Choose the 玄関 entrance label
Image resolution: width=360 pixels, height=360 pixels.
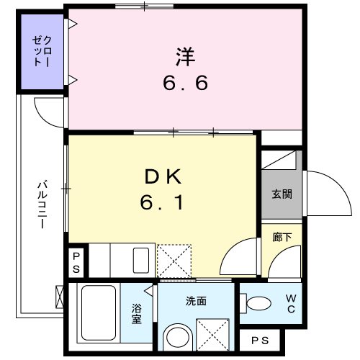click(x=282, y=194)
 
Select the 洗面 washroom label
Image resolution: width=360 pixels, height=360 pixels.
click(x=195, y=300)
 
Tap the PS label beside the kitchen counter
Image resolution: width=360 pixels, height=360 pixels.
click(x=76, y=261)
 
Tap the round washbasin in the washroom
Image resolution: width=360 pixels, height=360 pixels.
click(x=176, y=338)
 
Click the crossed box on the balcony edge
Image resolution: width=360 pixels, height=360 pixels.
click(x=60, y=295)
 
